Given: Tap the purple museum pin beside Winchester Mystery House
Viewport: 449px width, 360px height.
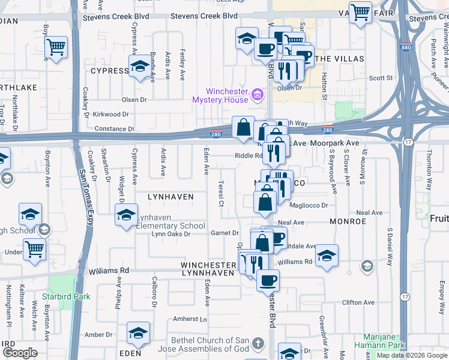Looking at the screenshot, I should [258, 94].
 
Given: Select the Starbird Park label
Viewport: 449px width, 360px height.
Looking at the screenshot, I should [68, 296].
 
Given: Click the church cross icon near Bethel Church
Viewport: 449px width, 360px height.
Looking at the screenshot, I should [258, 344].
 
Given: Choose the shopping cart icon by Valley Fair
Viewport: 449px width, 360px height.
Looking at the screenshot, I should [360, 12].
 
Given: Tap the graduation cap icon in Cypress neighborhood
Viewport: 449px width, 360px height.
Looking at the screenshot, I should [140, 67].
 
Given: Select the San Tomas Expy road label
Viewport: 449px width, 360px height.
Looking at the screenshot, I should [83, 198].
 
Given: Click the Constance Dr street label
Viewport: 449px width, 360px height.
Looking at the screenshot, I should [114, 129].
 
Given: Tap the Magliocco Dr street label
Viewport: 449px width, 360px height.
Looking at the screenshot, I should [309, 205].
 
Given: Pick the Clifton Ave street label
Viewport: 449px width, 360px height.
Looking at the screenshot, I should [358, 302].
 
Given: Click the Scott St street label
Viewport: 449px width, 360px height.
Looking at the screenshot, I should [381, 78].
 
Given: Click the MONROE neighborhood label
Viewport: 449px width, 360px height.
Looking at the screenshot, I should [348, 221].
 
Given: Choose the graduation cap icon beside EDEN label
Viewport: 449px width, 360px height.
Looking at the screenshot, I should [138, 334].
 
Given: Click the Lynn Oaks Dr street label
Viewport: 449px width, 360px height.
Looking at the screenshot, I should [172, 234].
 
